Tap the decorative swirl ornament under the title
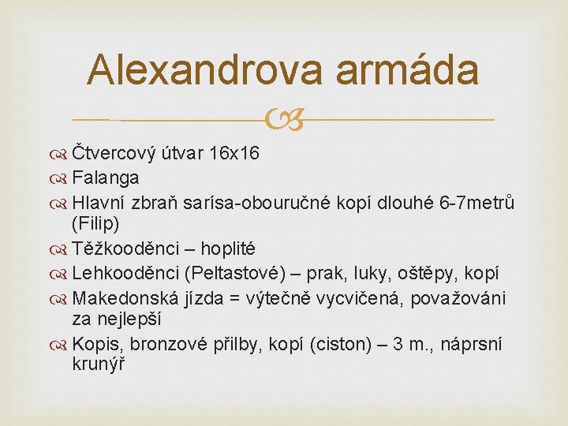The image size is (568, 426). [283, 120]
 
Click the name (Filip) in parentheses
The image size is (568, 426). [96, 224]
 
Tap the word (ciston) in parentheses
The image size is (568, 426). [371, 345]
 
